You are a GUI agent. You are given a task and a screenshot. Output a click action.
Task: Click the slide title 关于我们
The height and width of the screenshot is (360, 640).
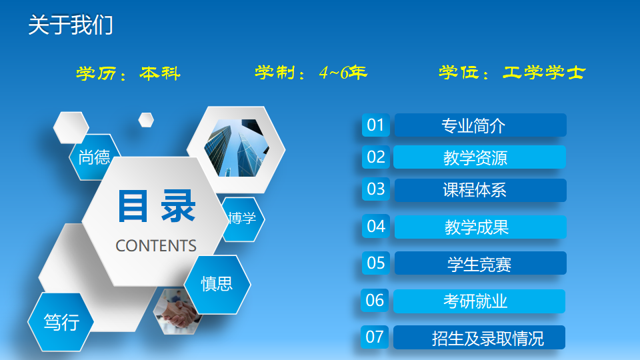tap(70, 25)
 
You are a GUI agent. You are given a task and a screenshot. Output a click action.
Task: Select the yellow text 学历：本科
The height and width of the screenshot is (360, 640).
tap(128, 73)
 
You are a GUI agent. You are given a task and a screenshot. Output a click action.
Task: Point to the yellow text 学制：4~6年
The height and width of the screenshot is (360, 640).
tap(311, 73)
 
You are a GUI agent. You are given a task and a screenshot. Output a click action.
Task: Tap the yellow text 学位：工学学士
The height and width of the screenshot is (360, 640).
tap(512, 73)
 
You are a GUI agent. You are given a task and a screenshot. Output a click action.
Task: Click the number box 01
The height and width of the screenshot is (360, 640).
tap(375, 125)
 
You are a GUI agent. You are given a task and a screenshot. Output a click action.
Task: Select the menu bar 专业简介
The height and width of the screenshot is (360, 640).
tap(481, 125)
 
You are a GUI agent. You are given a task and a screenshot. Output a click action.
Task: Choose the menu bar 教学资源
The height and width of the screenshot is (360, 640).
tap(479, 157)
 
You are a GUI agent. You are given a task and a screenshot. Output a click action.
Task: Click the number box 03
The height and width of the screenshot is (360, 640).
tap(375, 189)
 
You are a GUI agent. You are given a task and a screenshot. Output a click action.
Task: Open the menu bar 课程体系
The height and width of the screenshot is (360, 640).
tap(481, 190)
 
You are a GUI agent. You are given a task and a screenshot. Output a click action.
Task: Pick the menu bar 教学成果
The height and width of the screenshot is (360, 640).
tap(481, 227)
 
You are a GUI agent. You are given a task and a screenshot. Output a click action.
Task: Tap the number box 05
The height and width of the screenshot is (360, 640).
tap(375, 263)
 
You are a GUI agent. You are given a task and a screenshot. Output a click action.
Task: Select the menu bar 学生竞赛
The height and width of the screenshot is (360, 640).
tap(481, 263)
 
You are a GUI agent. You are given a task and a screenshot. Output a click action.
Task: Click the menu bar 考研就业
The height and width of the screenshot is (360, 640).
tap(479, 301)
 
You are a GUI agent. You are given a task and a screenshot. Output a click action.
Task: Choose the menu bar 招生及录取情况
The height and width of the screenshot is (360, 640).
tap(479, 337)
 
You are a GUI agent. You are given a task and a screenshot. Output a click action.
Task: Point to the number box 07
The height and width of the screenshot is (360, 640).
tap(374, 337)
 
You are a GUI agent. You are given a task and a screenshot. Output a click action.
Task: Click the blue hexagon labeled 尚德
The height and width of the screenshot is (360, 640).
tap(93, 157)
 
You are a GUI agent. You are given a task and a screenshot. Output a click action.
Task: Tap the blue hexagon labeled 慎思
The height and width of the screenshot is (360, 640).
tap(217, 285)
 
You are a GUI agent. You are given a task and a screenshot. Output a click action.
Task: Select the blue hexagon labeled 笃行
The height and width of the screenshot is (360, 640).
tap(61, 322)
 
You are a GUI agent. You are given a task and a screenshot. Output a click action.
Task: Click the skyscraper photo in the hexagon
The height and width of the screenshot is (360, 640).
tap(237, 148)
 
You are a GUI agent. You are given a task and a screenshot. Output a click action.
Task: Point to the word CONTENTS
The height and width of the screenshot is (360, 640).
tap(156, 246)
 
